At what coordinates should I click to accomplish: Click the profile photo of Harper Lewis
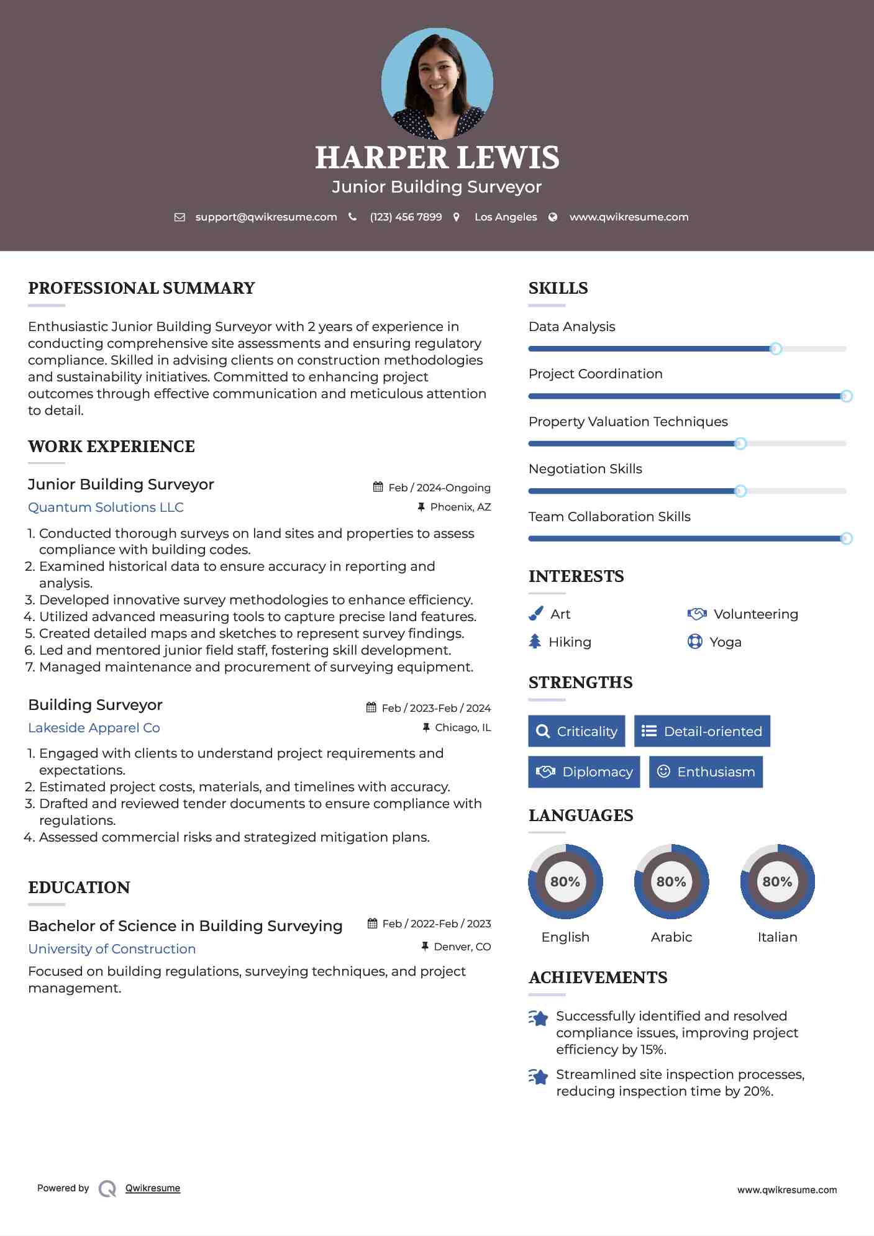[x=437, y=84]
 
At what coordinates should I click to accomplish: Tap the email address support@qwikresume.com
[x=266, y=217]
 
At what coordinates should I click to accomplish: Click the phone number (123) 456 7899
[x=406, y=217]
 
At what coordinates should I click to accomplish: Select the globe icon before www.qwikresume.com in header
[x=553, y=217]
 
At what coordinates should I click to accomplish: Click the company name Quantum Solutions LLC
[x=106, y=507]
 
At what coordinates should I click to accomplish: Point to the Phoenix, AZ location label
[x=460, y=507]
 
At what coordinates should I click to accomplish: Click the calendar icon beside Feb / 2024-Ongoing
[x=378, y=487]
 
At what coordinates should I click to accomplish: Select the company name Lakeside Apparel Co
[x=94, y=728]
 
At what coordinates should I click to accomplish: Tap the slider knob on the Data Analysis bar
[x=775, y=348]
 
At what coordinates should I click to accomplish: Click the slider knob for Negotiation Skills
[x=740, y=491]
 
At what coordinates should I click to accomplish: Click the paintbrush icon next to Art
[x=535, y=614]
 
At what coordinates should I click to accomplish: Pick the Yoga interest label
[x=725, y=642]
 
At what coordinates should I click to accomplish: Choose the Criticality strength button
[x=576, y=731]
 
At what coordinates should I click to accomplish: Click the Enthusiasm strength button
[x=706, y=772]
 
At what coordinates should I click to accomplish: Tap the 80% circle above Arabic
[x=671, y=881]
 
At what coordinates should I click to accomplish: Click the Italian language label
[x=777, y=937]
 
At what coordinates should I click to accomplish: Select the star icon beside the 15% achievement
[x=538, y=1018]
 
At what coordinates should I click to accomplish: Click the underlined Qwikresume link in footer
[x=153, y=1188]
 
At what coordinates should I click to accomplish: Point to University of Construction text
[x=112, y=949]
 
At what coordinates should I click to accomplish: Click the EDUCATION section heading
[x=79, y=888]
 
